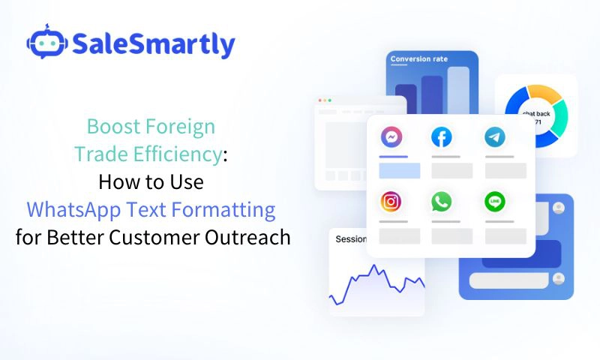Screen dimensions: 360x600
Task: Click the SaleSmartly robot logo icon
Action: click(46, 44)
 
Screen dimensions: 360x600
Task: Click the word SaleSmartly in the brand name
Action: click(154, 45)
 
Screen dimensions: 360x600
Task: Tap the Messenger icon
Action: click(391, 137)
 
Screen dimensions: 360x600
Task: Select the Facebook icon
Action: click(442, 137)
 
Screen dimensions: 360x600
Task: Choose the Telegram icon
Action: click(495, 137)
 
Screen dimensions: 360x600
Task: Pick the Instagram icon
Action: click(391, 201)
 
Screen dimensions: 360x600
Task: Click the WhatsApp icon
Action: click(442, 201)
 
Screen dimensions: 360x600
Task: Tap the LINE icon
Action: click(495, 201)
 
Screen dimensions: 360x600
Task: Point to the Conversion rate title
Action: click(419, 59)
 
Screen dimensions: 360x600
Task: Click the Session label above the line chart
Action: click(350, 240)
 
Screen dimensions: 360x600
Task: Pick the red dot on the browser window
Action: click(320, 100)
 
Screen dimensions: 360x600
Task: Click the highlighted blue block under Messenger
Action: click(399, 170)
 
